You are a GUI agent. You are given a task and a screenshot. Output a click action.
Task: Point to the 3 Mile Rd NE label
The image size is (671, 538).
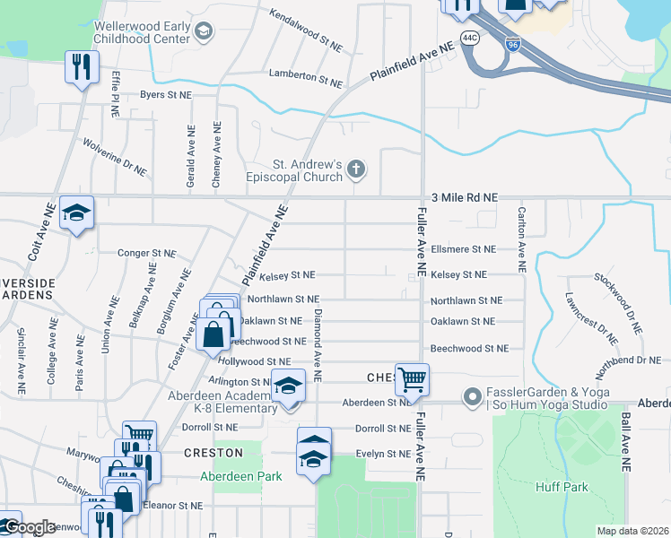tap(464, 196)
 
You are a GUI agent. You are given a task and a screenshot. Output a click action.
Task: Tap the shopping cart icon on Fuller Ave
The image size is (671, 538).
tap(412, 378)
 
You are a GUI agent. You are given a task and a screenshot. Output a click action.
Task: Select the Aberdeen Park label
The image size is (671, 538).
tap(240, 476)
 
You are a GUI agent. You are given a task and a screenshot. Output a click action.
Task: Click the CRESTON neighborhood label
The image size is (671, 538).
tap(214, 453)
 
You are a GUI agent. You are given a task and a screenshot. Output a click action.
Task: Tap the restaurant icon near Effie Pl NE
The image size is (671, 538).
tap(81, 66)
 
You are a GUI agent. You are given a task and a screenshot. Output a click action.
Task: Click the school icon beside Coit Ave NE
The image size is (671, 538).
tap(76, 213)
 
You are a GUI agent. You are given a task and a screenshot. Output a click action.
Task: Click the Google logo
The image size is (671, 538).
tap(30, 527)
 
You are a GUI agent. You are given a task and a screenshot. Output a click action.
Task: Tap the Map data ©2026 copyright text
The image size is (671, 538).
tap(632, 532)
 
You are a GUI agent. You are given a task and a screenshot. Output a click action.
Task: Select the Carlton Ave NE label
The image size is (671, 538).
tap(520, 239)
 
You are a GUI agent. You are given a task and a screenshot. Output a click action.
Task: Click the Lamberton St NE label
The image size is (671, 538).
tap(304, 77)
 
